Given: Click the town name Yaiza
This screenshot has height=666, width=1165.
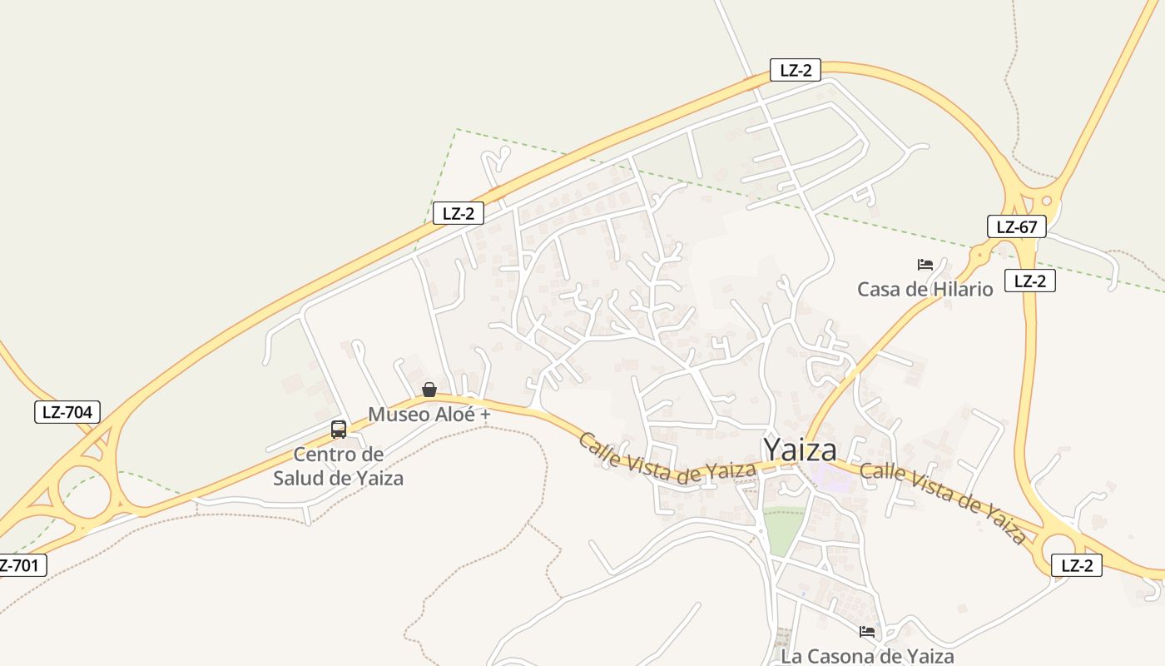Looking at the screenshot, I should (x=800, y=450).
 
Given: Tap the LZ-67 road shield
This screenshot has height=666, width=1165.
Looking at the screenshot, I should (x=1016, y=226).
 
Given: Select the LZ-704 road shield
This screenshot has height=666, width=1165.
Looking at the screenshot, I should (x=67, y=412).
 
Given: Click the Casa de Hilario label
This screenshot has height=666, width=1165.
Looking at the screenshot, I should (x=925, y=290).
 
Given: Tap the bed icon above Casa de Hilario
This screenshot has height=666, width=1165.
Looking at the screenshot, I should (x=925, y=265).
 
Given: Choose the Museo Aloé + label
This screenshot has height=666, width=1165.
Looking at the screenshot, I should (x=429, y=414).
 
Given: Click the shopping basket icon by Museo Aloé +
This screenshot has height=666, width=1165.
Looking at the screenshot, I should (x=429, y=390).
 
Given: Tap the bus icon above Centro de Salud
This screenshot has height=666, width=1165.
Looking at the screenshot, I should (x=338, y=430).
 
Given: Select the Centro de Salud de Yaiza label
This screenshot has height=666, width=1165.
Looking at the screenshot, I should (x=338, y=466).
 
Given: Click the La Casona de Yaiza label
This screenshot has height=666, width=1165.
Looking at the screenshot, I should (x=867, y=656).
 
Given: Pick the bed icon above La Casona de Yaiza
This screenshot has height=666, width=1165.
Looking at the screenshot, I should (x=867, y=632).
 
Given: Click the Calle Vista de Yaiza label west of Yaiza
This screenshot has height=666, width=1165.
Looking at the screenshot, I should (x=667, y=459).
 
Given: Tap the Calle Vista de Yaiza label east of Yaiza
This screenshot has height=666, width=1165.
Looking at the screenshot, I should (x=943, y=503).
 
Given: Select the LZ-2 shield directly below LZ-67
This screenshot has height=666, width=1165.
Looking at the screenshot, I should (x=1030, y=281).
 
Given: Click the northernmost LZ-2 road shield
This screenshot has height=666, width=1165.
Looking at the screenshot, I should (x=796, y=71).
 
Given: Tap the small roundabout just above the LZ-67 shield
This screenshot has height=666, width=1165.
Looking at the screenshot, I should (x=1046, y=200).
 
